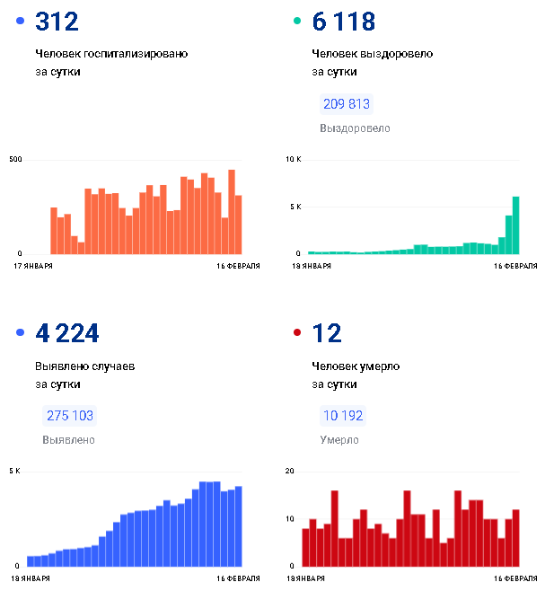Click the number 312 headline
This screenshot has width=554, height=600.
[x=57, y=22]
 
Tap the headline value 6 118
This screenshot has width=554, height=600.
[x=343, y=22]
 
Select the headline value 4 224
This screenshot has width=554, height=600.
[x=67, y=333]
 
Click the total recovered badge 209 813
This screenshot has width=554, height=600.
[x=346, y=104]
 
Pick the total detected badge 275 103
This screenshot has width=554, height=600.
[x=69, y=416]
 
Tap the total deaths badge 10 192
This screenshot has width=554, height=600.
[x=342, y=416]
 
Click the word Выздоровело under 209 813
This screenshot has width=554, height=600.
[x=355, y=128]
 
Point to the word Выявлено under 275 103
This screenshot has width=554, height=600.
[x=68, y=440]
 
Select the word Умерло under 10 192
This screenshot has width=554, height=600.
[x=339, y=440]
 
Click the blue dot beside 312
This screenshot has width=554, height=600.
[x=21, y=22]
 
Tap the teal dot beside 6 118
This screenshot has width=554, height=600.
[x=297, y=22]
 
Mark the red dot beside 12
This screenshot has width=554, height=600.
[x=297, y=333]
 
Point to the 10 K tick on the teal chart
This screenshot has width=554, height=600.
[x=293, y=160]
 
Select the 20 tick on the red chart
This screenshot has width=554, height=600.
[x=290, y=472]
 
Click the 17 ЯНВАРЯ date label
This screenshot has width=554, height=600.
[x=33, y=267]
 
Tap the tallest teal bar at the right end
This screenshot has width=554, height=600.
[x=516, y=225]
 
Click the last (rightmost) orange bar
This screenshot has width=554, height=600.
[x=239, y=224]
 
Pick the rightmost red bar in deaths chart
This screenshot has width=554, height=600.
[x=516, y=537]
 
